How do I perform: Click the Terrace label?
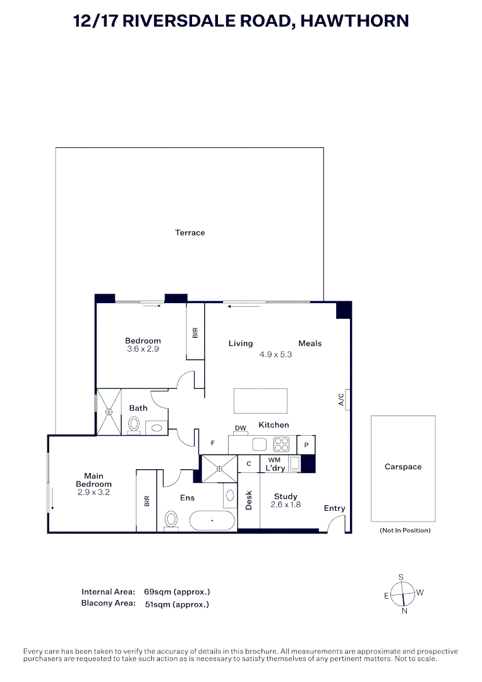pos(190,233)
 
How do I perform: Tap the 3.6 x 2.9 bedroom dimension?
pos(143,349)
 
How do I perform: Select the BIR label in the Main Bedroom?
pos(147,501)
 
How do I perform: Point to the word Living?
pos(240,344)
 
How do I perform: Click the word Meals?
pos(310,344)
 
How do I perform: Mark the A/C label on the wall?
pos(341,399)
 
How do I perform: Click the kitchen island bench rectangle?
pos(260,400)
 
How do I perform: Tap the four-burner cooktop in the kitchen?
pos(281,444)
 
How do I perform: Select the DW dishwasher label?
pos(240,428)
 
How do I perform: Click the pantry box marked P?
pos(306,445)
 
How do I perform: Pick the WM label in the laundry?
pos(274,460)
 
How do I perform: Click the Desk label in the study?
pos(249,501)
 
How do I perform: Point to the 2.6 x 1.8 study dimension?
pos(286,505)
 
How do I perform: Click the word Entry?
pos(334,508)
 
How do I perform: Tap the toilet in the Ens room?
pos(171,520)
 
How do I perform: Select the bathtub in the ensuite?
pos(212,521)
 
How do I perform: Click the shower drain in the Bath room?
pos(109,412)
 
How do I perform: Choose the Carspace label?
pos(402,467)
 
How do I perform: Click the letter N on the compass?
pos(404,610)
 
